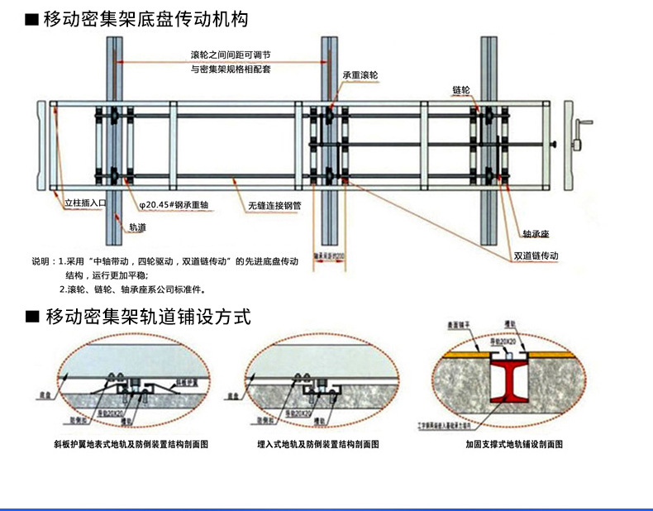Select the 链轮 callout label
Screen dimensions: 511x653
point(461,88)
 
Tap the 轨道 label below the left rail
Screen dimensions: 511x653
point(137,226)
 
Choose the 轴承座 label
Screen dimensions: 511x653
point(536,233)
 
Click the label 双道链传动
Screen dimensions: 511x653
point(536,255)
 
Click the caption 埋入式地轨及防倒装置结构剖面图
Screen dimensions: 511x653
point(317,445)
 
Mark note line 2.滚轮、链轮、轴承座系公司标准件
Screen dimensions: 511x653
point(132,289)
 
